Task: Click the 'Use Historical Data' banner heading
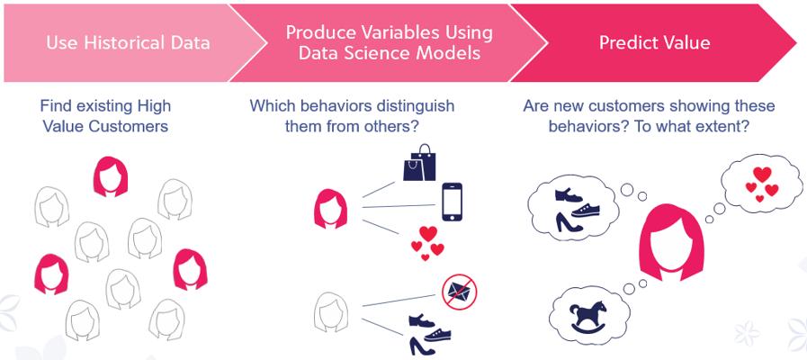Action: (128, 42)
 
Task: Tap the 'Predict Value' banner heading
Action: (655, 42)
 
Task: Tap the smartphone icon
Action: (452, 202)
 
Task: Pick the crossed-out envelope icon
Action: (459, 292)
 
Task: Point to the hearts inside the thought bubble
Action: (762, 184)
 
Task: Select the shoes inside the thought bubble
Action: (577, 210)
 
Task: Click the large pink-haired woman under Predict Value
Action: (671, 242)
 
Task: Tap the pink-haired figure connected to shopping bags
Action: (330, 208)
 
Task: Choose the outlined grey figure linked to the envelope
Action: (330, 311)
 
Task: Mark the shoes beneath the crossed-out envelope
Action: (429, 335)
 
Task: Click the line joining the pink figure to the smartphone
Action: (399, 206)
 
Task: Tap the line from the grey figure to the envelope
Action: (399, 301)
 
